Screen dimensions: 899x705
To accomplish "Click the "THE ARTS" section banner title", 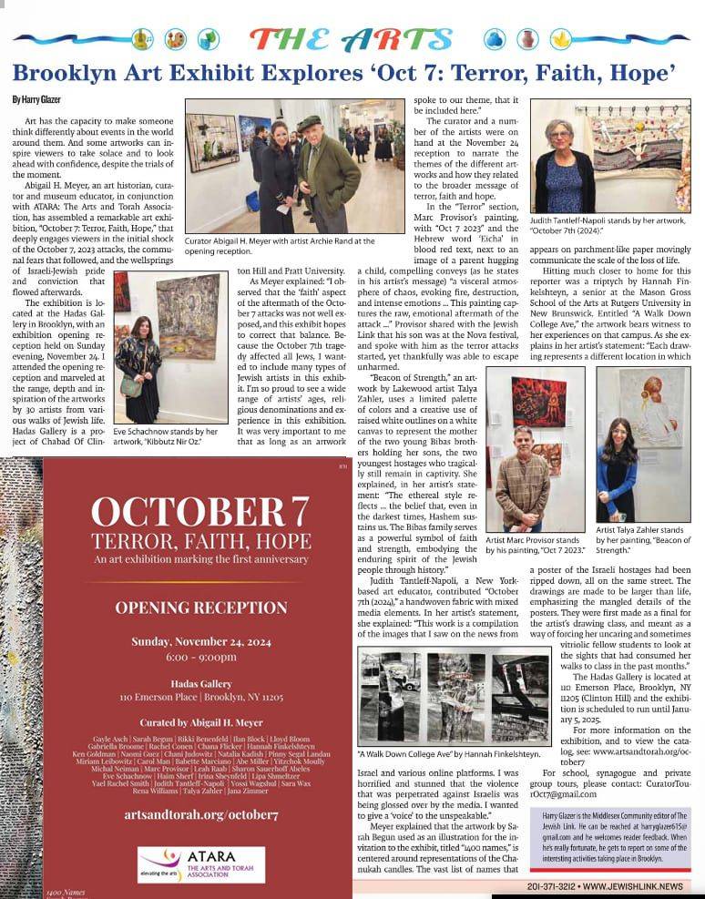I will pyautogui.click(x=352, y=39).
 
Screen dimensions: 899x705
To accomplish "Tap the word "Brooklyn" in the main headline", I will pyautogui.click(x=67, y=71).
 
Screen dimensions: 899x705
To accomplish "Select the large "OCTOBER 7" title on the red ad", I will pyautogui.click(x=197, y=511).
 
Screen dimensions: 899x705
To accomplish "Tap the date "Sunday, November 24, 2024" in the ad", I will pyautogui.click(x=197, y=641).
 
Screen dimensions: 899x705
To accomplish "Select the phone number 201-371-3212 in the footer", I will pyautogui.click(x=550, y=886).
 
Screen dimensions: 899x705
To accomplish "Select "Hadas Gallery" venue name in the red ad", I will pyautogui.click(x=197, y=680).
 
